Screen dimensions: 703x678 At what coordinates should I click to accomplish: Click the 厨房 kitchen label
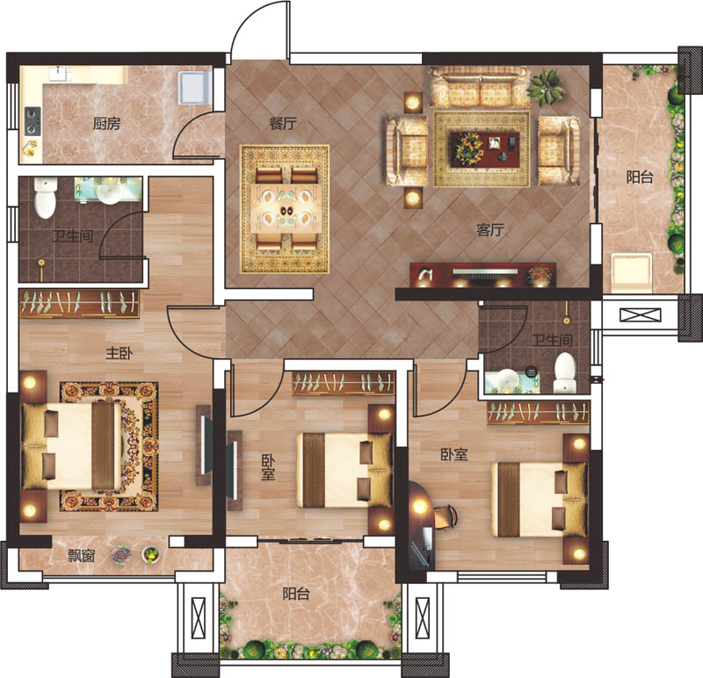pyautogui.click(x=106, y=123)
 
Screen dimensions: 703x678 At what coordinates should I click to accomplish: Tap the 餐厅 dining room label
pyautogui.click(x=283, y=123)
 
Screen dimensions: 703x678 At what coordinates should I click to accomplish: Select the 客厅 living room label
pyautogui.click(x=490, y=230)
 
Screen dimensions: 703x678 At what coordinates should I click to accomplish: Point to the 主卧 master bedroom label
pyautogui.click(x=119, y=353)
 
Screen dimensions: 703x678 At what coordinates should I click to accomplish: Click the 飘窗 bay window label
pyautogui.click(x=81, y=556)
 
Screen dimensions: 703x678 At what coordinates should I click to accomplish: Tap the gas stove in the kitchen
pyautogui.click(x=33, y=121)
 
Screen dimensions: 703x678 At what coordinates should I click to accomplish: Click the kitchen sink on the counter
pyautogui.click(x=61, y=74)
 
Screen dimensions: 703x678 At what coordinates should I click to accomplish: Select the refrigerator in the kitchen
pyautogui.click(x=195, y=87)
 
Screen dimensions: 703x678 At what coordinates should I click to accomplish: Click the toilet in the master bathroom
pyautogui.click(x=46, y=198)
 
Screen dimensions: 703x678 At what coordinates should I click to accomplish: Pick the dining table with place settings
pyautogui.click(x=285, y=208)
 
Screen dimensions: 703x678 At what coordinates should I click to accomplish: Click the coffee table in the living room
pyautogui.click(x=485, y=149)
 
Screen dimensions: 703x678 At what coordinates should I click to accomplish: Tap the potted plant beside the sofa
pyautogui.click(x=546, y=87)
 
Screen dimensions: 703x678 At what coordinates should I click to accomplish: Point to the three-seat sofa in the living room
pyautogui.click(x=480, y=87)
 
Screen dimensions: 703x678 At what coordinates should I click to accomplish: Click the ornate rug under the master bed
pyautogui.click(x=109, y=446)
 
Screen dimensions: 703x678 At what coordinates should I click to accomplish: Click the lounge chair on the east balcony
pyautogui.click(x=631, y=272)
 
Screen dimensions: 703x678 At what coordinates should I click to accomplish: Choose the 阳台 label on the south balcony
pyautogui.click(x=296, y=595)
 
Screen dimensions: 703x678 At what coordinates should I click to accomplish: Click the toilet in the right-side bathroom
pyautogui.click(x=565, y=372)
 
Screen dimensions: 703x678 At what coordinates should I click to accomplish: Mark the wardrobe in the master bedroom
pyautogui.click(x=79, y=303)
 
